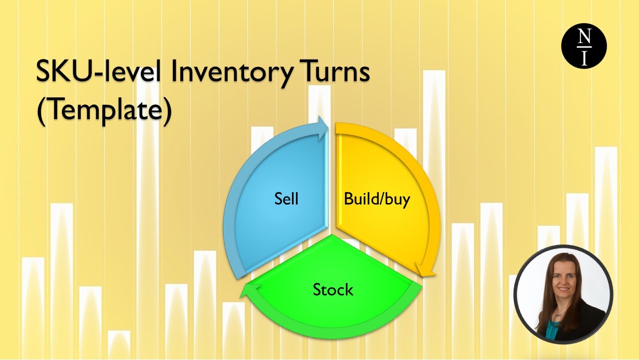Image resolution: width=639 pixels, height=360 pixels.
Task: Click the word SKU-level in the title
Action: point(98,72)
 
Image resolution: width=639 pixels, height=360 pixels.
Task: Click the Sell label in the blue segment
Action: point(286,199)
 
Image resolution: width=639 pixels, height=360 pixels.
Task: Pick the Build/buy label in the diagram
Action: point(377,199)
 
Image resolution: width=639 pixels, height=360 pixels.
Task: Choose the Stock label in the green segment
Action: point(332,289)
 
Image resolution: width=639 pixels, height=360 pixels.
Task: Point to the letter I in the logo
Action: point(584,57)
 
